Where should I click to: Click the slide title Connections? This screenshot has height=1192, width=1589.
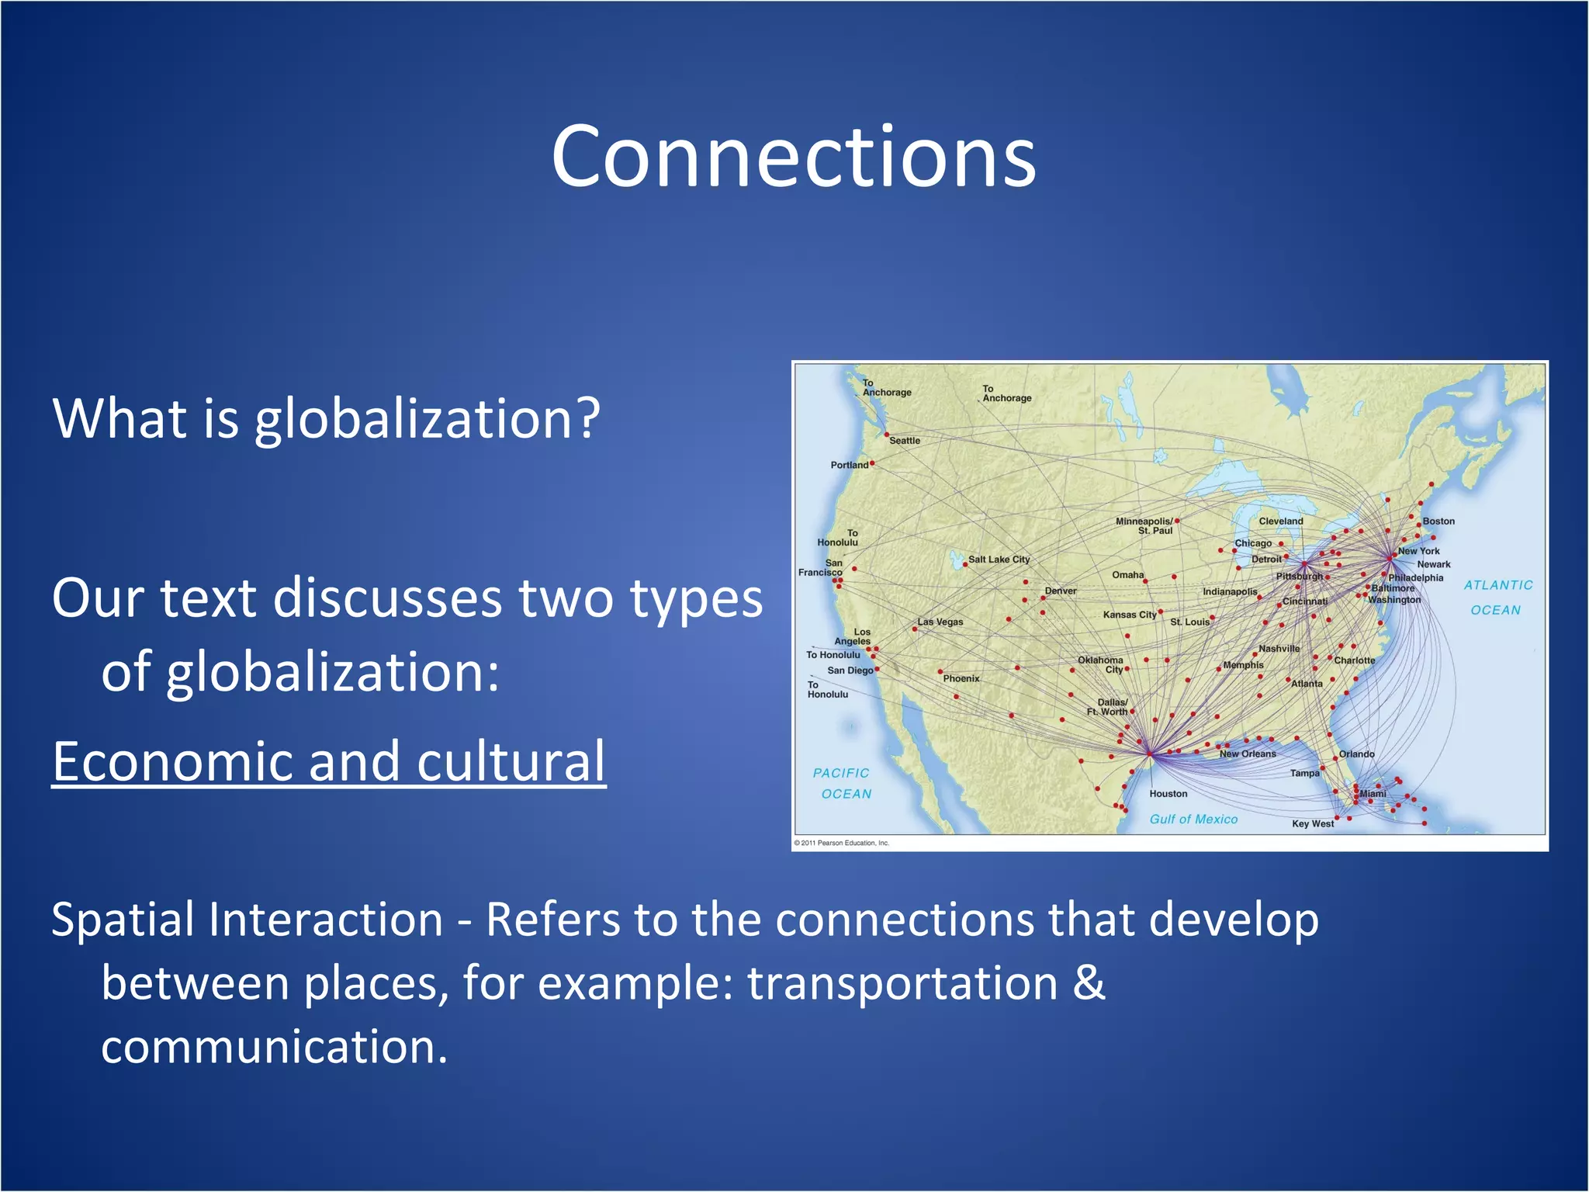coord(793,157)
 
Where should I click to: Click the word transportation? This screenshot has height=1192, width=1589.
coord(902,984)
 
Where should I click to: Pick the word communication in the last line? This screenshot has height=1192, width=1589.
coord(273,1048)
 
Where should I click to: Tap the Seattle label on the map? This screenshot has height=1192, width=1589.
coord(905,441)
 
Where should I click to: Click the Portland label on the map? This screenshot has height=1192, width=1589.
coord(849,466)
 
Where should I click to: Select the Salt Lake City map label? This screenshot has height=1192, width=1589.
coord(999,560)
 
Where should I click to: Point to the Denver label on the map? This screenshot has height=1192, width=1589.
coord(1060,591)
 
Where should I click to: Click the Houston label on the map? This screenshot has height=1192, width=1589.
coord(1168,794)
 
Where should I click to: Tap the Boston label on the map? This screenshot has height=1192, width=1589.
coord(1438,521)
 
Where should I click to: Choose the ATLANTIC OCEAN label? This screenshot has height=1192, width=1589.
coord(1497,598)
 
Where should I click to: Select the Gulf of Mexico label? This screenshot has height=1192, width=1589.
coord(1193,819)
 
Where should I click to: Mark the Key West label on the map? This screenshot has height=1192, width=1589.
coord(1312,824)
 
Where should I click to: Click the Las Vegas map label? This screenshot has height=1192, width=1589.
coord(940,622)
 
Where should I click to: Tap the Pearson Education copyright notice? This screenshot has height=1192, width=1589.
coord(841,843)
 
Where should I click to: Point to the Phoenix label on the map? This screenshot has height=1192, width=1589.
coord(961,679)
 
